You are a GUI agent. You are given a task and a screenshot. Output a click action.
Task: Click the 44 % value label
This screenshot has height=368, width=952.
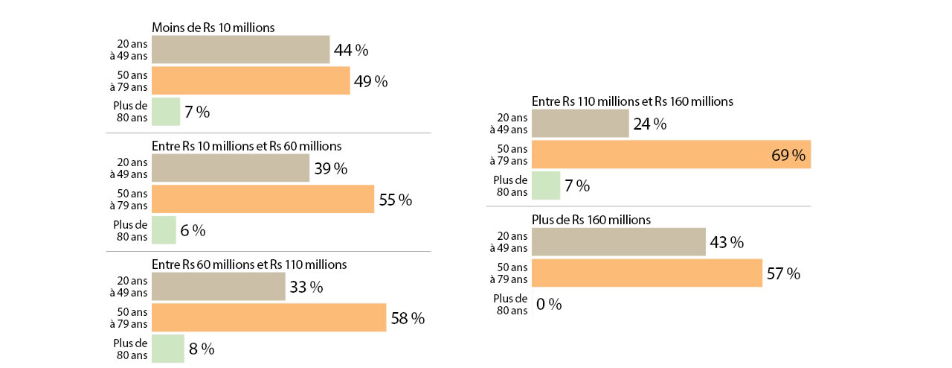(x=351, y=51)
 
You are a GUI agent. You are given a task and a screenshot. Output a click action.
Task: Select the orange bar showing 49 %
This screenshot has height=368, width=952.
(x=251, y=80)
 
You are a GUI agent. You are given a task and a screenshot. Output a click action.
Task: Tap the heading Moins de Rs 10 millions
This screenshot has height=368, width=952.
(x=213, y=28)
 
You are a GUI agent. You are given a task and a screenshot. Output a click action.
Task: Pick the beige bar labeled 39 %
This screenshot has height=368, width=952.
(x=231, y=168)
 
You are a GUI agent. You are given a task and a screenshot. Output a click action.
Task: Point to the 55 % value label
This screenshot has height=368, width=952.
(x=395, y=200)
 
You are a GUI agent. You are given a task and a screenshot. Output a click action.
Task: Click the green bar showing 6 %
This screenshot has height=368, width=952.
(x=164, y=230)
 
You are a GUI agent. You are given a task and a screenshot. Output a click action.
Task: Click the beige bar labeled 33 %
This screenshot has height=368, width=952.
(x=218, y=287)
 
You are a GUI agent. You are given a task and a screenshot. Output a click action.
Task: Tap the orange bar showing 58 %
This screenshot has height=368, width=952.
(x=268, y=317)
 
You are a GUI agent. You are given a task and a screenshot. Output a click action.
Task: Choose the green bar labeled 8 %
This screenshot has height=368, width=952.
(x=167, y=348)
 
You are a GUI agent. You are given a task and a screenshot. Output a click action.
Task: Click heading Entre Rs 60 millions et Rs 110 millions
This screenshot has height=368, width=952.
(x=249, y=264)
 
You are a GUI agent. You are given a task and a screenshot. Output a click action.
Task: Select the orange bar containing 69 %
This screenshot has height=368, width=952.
(x=672, y=154)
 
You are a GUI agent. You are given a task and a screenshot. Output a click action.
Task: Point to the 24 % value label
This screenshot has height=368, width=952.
(x=649, y=124)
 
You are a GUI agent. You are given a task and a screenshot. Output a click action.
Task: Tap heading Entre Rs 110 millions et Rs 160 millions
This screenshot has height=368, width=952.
(x=632, y=101)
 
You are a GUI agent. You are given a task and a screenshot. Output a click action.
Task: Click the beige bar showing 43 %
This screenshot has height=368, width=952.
(x=619, y=242)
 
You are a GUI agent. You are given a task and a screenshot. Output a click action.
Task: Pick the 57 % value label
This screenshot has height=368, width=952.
(x=783, y=273)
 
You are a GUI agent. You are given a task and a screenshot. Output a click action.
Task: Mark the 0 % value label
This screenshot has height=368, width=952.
(x=550, y=304)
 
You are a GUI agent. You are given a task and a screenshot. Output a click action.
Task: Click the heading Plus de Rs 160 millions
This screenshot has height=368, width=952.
(x=591, y=220)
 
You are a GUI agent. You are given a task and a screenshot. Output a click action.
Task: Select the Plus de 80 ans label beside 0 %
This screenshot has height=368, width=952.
(x=510, y=304)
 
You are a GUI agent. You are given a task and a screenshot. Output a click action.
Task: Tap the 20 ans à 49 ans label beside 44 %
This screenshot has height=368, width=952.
(x=129, y=50)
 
